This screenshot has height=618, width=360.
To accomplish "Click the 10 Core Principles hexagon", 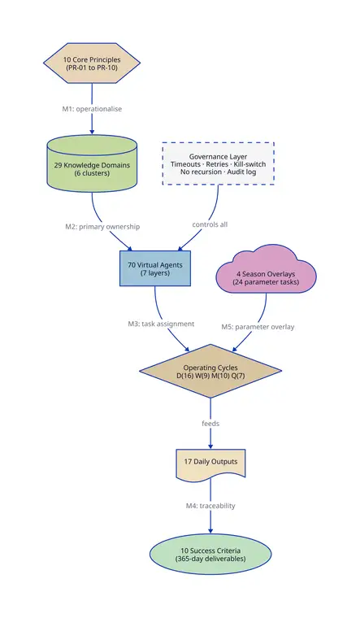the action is click(92, 63).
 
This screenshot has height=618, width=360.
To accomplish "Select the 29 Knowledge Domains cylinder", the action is click(92, 163).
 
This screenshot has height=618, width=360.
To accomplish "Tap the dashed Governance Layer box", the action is click(219, 163).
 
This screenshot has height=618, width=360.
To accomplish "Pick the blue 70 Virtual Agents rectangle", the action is click(154, 268).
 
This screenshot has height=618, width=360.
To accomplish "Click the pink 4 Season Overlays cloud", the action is click(267, 271).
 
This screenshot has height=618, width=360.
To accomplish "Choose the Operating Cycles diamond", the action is click(210, 371).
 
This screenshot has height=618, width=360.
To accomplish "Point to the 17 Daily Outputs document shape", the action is click(210, 463).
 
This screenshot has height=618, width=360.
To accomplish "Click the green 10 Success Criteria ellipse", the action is click(210, 555).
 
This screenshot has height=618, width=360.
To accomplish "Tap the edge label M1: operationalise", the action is click(92, 109).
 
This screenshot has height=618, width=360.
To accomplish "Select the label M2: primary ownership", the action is click(102, 227).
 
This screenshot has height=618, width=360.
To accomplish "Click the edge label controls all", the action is click(210, 224).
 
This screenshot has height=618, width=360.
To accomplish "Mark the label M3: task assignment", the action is click(161, 324).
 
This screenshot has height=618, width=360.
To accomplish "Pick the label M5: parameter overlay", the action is click(258, 327).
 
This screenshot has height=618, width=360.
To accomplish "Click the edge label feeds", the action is click(210, 424).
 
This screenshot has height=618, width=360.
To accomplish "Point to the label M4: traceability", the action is click(210, 506).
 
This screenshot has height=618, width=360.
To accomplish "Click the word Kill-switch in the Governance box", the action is click(249, 164).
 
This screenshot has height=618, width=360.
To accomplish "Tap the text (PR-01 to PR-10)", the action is click(92, 67).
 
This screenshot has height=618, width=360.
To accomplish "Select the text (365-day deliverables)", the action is click(210, 559).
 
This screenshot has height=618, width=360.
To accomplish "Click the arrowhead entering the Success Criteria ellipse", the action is click(210, 531).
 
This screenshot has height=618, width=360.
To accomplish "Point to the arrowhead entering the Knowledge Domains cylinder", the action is click(92, 131).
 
